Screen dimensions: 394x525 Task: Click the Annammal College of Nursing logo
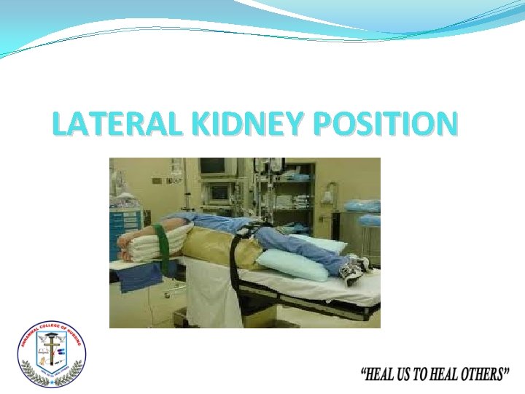pyautogui.click(x=52, y=354)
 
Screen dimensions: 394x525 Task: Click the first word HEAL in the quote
pyautogui.click(x=381, y=375)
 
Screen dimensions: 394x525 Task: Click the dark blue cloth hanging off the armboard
pyautogui.click(x=141, y=277)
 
